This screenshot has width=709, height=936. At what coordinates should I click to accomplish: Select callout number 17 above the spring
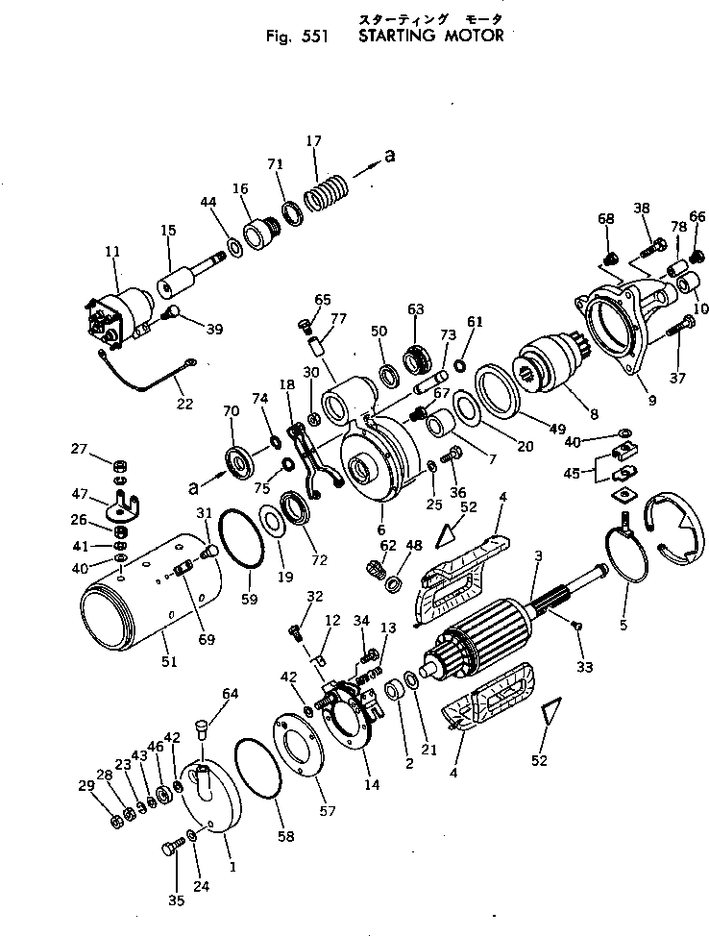(x=313, y=141)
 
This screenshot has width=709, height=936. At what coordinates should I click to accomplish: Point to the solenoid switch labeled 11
(x=119, y=312)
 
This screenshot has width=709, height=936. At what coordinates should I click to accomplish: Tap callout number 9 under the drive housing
(x=651, y=401)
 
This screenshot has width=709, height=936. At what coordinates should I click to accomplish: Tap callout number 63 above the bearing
(x=415, y=309)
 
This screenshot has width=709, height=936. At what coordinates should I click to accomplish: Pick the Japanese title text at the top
(x=429, y=19)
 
